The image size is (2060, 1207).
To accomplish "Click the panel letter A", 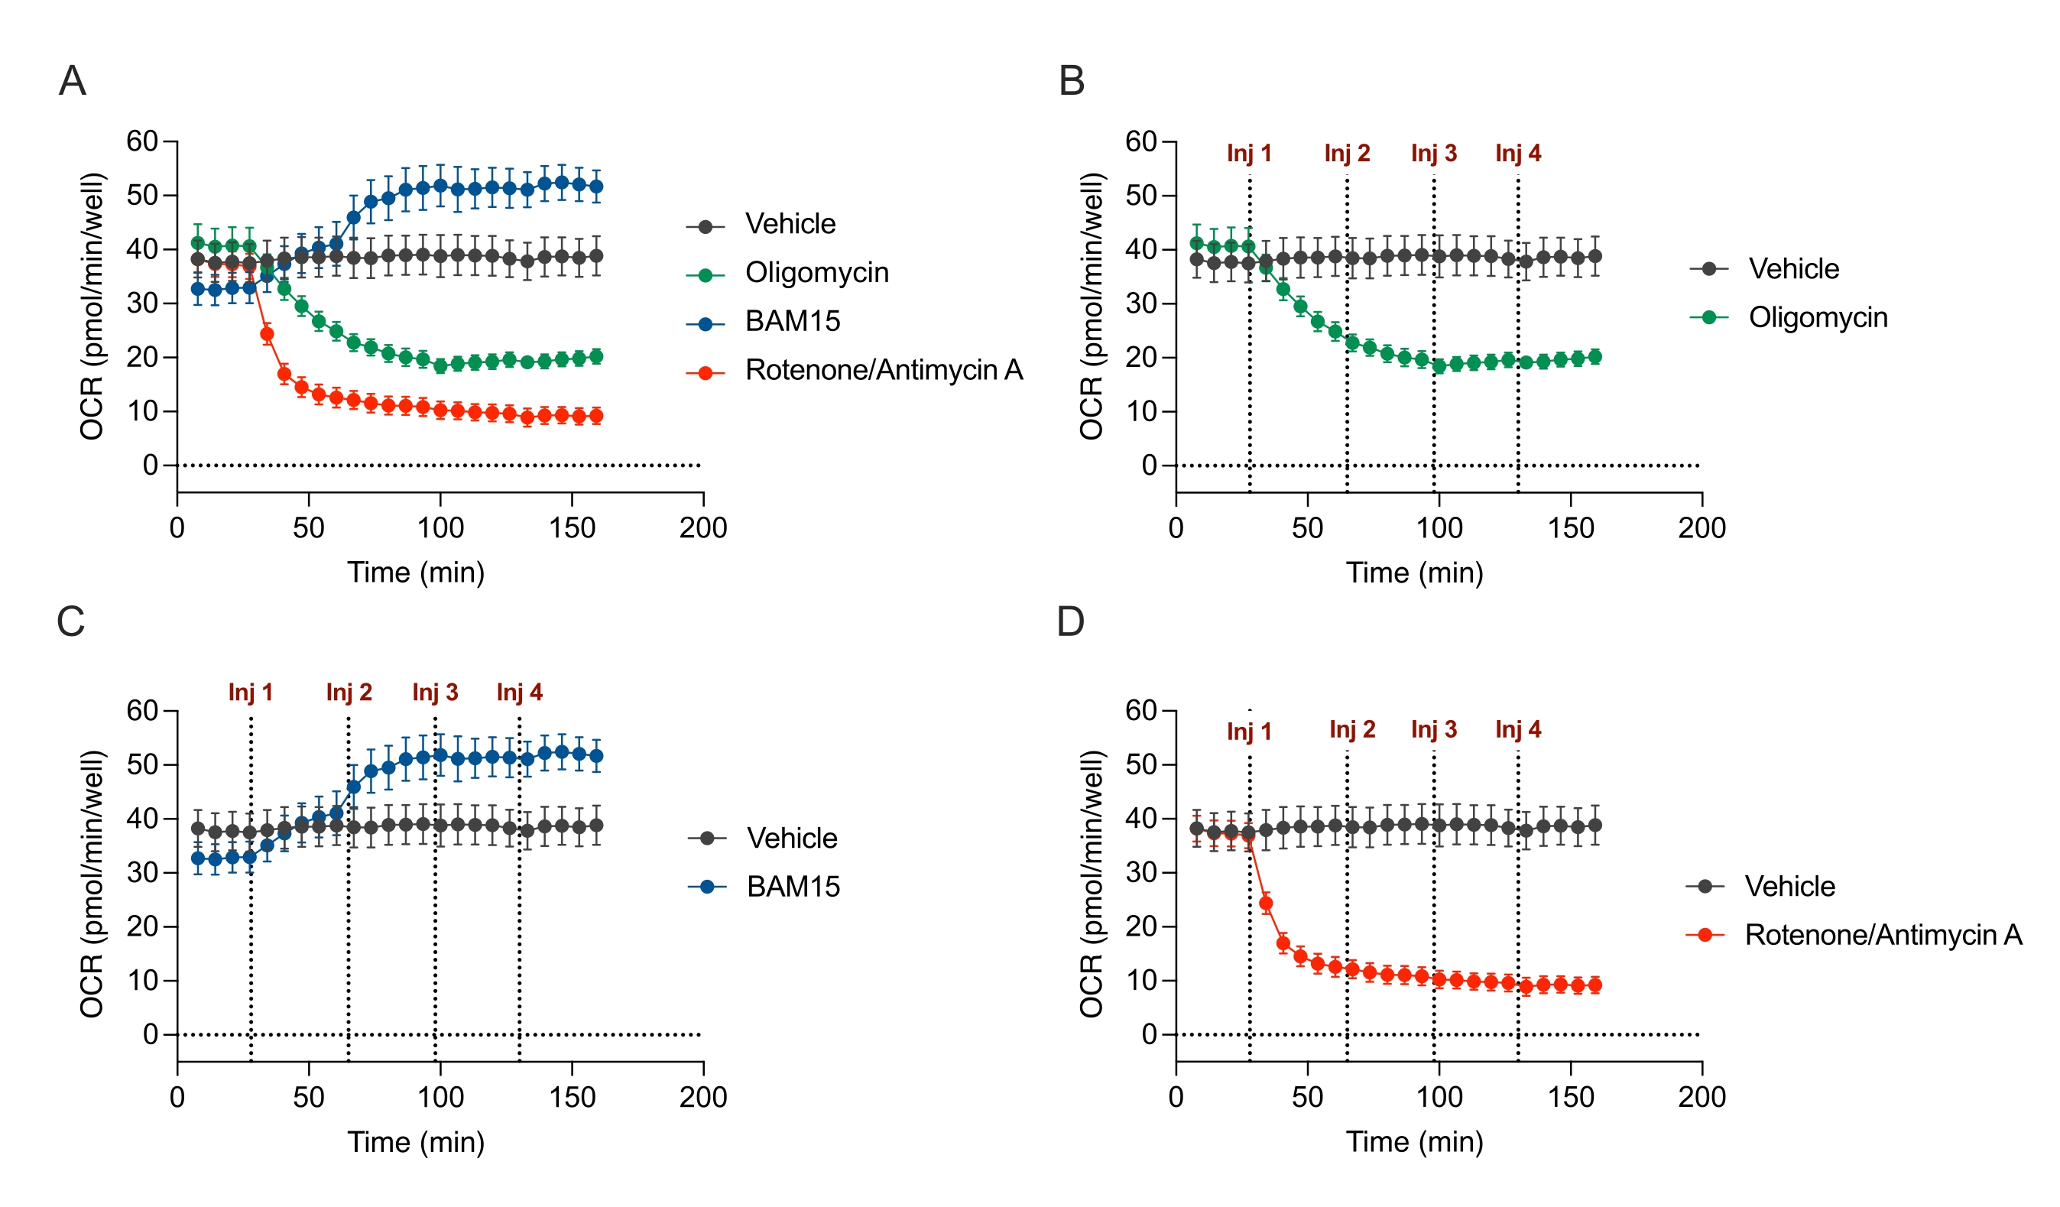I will click(x=73, y=81).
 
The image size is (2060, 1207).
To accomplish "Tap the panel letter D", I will click(x=1070, y=621).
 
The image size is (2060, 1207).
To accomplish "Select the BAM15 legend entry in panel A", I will click(x=791, y=321).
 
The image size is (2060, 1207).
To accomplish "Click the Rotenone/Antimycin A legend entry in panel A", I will click(x=883, y=371).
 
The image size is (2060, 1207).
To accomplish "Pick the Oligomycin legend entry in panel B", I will click(x=1817, y=317).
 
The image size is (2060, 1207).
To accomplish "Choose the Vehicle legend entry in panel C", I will click(x=791, y=839).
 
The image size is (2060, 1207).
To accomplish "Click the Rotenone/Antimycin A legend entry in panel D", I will click(x=1883, y=935).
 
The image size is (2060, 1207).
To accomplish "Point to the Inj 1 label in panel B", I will click(x=1248, y=154).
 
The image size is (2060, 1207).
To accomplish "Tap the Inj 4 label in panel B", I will click(x=1517, y=154).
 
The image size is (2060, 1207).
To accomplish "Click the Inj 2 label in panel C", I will click(x=349, y=693).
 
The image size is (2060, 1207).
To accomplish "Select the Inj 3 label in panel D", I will click(x=1433, y=729).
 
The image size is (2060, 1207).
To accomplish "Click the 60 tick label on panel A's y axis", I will click(x=141, y=141).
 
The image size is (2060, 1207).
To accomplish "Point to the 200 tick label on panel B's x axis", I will click(x=1702, y=528).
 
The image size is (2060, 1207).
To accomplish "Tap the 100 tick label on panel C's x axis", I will click(x=440, y=1098).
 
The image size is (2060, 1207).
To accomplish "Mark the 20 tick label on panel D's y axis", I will click(x=1140, y=926).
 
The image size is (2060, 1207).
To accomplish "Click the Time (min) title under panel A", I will click(x=415, y=573).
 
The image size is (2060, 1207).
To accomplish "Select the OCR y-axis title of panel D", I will click(x=1092, y=883).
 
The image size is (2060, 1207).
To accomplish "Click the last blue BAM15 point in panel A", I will click(x=596, y=187).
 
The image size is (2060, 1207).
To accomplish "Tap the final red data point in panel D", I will click(x=1594, y=985).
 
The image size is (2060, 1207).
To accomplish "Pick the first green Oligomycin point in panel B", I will click(x=1197, y=244).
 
